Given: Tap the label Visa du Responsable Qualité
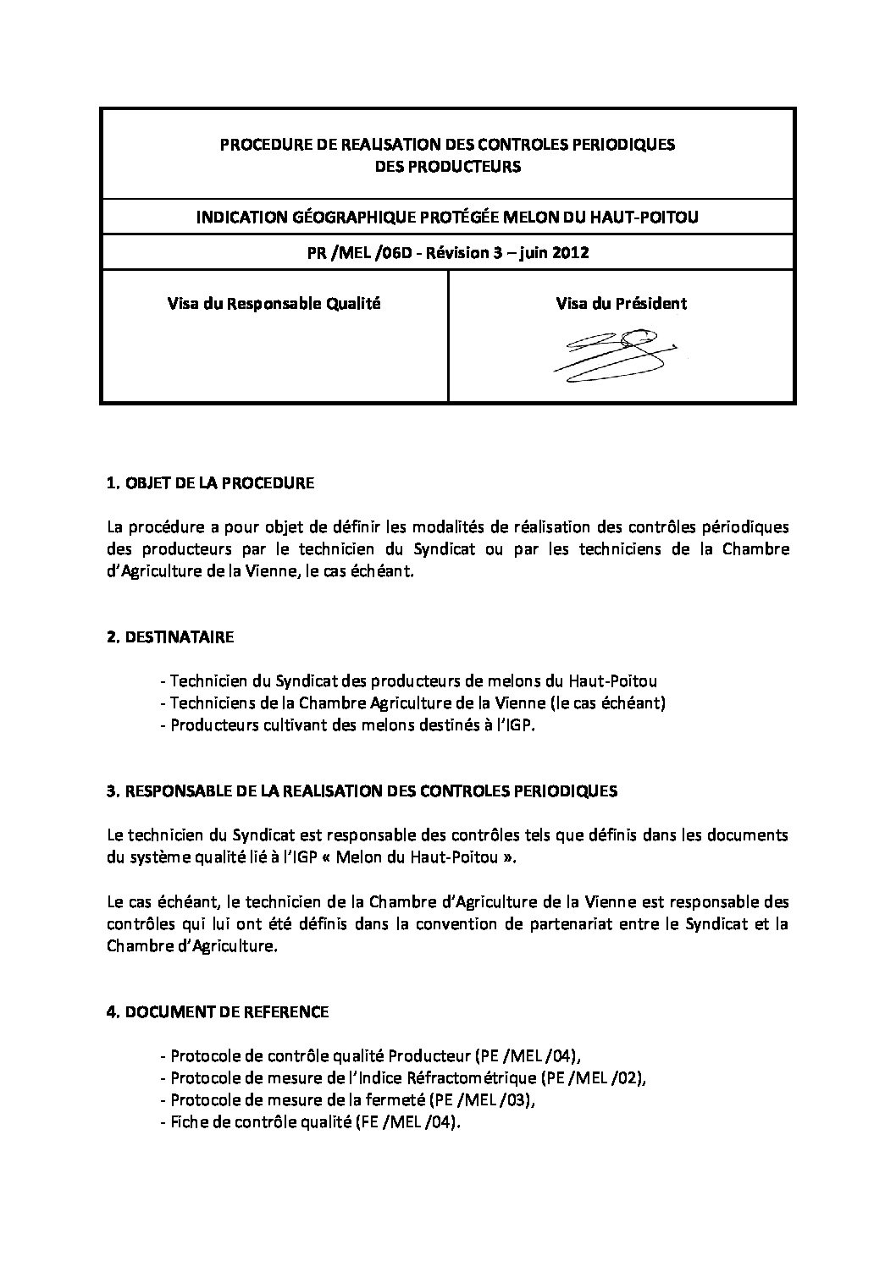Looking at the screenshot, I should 274,303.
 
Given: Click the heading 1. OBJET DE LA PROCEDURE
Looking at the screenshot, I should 210,484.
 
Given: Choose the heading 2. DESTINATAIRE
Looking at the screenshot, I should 170,637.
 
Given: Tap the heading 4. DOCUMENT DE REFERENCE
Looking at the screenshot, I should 218,1011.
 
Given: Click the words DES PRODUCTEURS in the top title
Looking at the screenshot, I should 447,166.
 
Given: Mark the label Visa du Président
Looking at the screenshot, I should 621,303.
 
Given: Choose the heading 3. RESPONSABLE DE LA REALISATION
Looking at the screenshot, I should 362,791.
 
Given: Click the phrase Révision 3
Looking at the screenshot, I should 462,252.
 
